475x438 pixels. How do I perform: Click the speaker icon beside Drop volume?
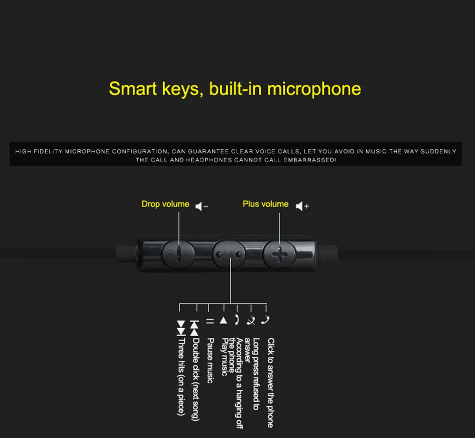pos(201,206)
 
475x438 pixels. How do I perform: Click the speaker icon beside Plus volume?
pos(302,206)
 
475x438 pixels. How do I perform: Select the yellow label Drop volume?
pos(165,204)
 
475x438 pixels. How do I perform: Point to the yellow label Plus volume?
pos(265,204)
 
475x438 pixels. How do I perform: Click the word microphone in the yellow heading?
pos(314,89)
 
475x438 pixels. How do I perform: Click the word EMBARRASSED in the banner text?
pos(312,160)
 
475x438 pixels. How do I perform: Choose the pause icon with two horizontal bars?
pos(210,321)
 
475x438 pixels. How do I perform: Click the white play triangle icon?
pos(223,320)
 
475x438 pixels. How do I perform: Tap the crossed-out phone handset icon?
pos(251,320)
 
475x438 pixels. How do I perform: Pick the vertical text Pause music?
pos(210,360)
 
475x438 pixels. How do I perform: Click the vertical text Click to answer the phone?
pos(270,382)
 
